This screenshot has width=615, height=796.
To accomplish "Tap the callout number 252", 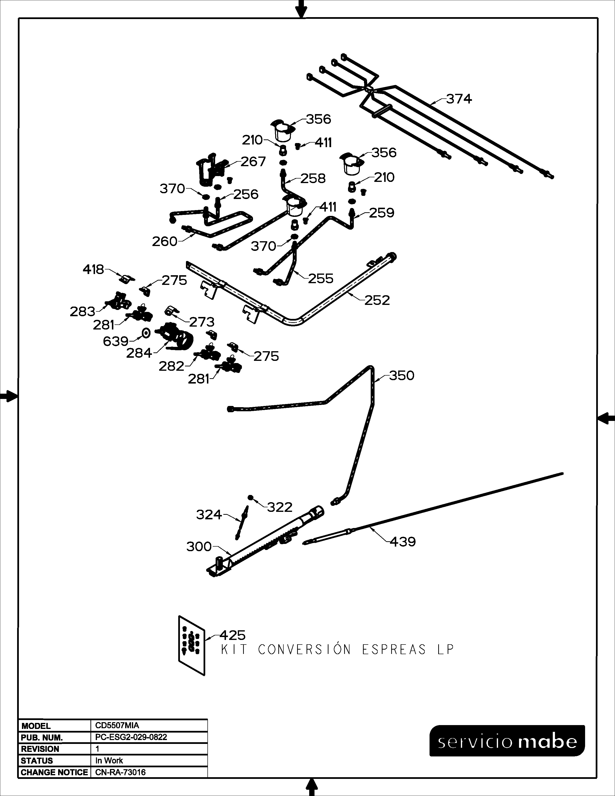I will (377, 300).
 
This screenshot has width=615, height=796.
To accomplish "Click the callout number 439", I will (403, 542).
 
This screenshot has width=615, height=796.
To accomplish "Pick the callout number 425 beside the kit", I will (232, 635).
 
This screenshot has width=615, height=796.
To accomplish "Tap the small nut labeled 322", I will (251, 497).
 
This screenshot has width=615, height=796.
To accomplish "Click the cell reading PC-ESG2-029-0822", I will (131, 737).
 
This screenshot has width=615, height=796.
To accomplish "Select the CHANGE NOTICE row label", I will (54, 772).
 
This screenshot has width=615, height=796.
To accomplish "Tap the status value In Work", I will (109, 760).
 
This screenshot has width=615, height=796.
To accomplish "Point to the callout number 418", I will (93, 269).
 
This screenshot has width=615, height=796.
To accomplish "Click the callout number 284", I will (139, 353).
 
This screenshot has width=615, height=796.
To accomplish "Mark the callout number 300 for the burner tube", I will (199, 546).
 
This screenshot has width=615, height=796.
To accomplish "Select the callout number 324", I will (209, 515).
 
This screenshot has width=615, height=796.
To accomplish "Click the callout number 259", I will (382, 213).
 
